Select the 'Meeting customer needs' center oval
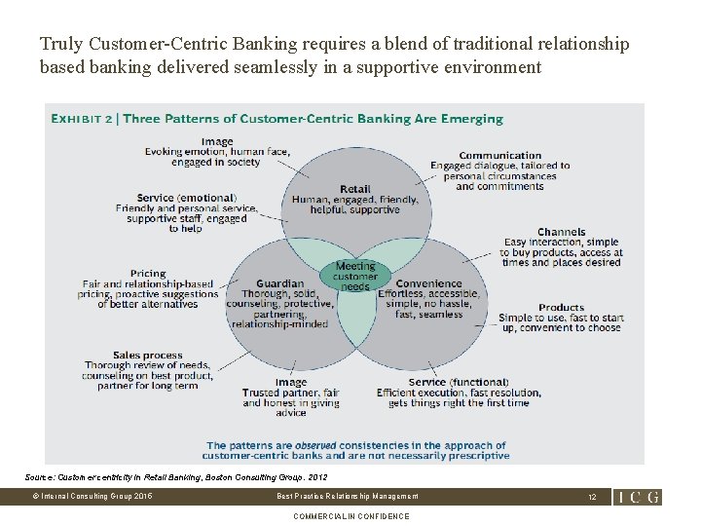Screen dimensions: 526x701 355,277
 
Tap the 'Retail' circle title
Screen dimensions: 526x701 355,189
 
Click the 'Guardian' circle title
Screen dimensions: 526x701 279,283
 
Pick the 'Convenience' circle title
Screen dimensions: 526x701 428,283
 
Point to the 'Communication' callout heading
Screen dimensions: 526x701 499,155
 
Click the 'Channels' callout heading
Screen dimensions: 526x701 561,232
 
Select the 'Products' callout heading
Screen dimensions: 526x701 561,307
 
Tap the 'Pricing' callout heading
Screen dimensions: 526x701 148,274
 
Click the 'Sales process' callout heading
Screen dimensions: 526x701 147,356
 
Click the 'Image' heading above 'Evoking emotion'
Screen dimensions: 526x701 217,141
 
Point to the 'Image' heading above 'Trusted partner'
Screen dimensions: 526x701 290,382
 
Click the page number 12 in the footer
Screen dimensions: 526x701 591,497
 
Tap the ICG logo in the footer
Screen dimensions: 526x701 639,497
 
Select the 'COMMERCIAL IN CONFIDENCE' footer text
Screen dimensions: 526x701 350,516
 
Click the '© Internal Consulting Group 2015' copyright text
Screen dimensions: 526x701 92,497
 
